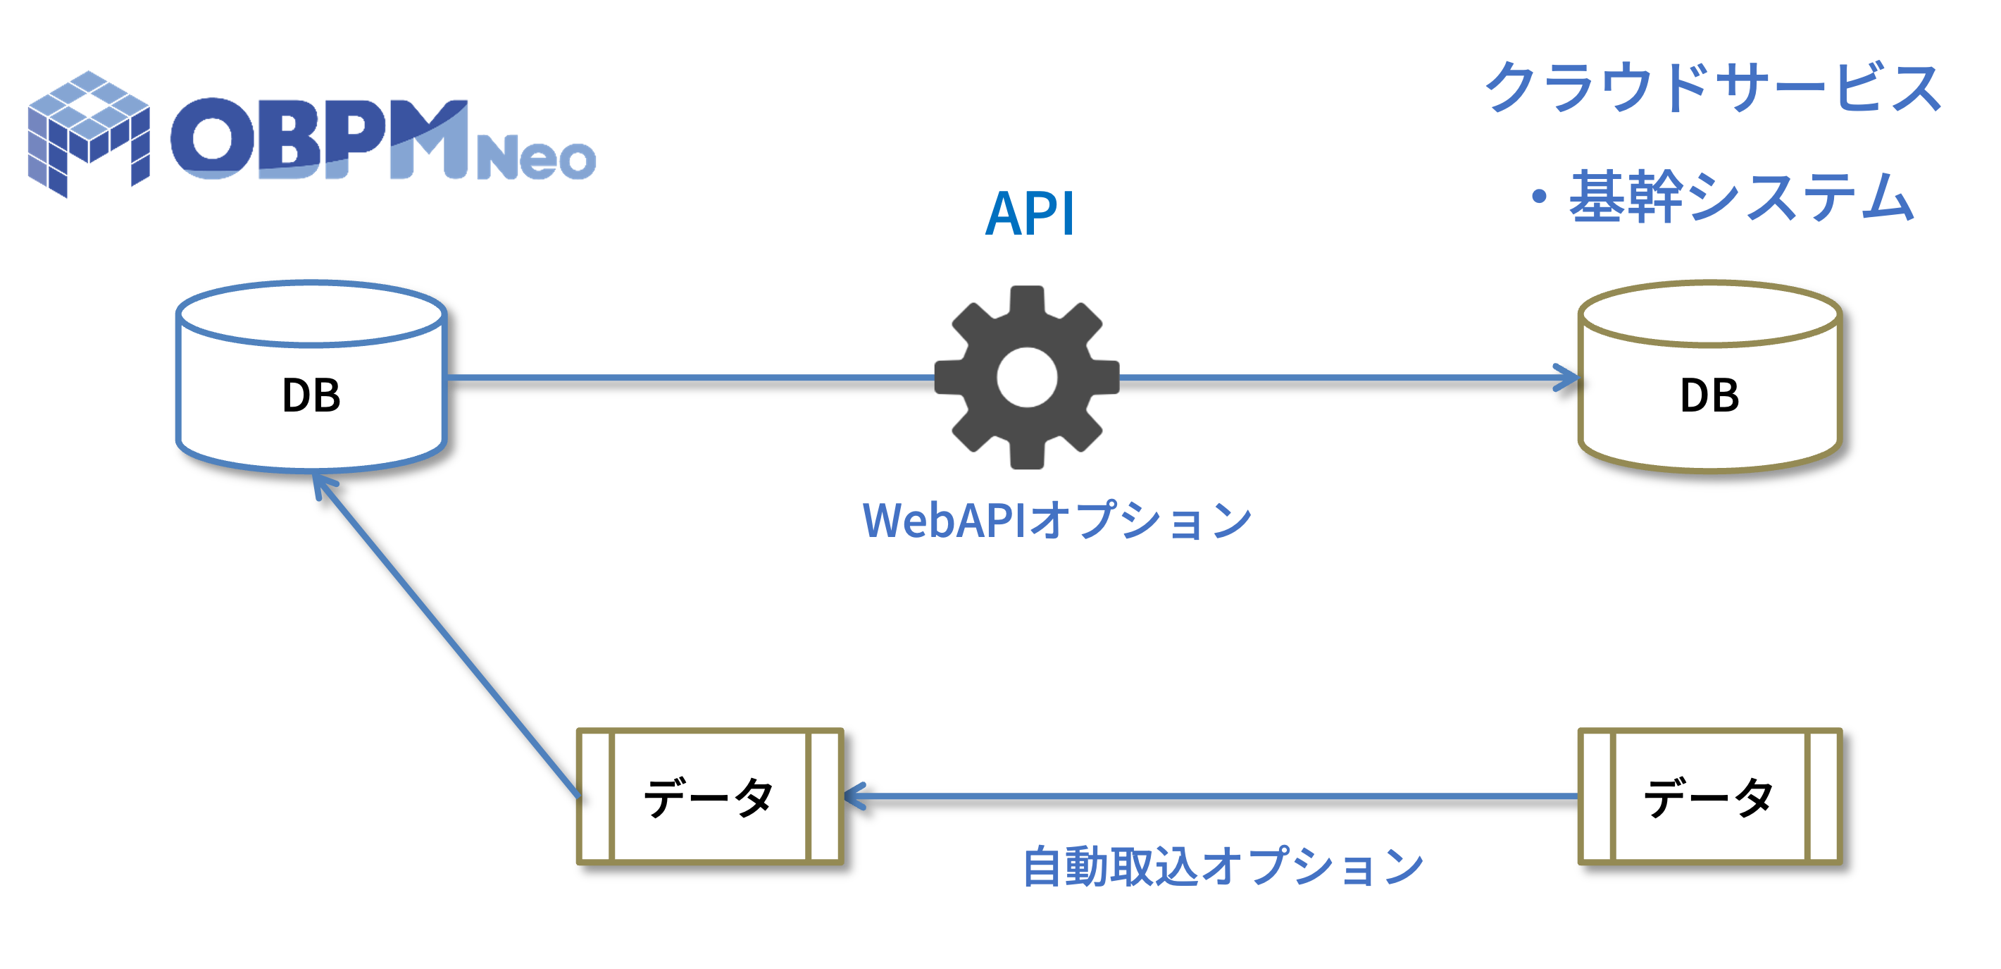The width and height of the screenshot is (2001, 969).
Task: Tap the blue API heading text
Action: tap(1029, 214)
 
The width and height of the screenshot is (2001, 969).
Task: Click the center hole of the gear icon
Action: tap(1026, 378)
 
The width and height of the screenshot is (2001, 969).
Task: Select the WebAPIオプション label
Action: tap(1056, 520)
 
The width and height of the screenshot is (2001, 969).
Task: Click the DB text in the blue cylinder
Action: tap(311, 395)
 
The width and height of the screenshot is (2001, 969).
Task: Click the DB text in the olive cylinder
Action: tap(1709, 395)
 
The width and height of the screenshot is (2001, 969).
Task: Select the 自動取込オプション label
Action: tap(1223, 866)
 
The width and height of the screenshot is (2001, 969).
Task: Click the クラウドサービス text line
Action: tap(1713, 86)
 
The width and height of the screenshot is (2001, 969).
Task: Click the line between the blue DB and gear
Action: tap(692, 378)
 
